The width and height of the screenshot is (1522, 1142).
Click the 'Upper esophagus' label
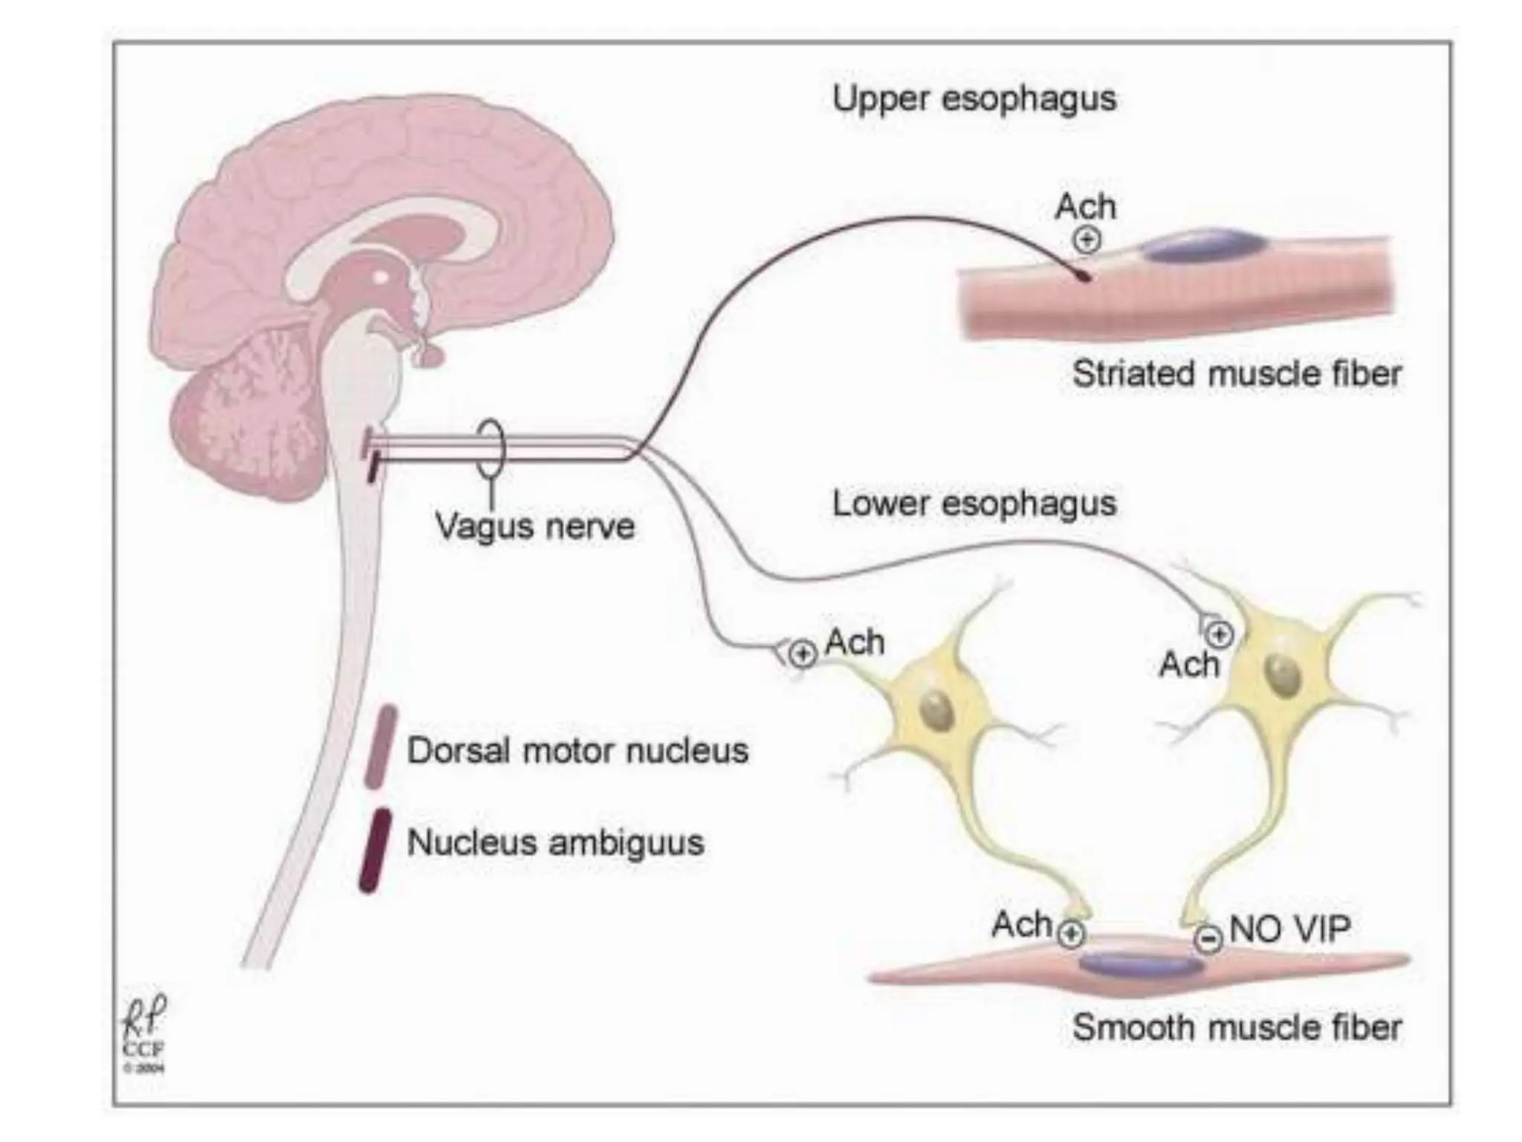(x=974, y=99)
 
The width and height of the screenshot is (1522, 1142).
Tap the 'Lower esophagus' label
(x=974, y=503)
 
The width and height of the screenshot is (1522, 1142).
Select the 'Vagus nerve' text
(x=534, y=526)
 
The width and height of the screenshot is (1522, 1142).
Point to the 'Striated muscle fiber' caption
(x=1236, y=373)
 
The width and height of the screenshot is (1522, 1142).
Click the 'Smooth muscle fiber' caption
(x=1236, y=1028)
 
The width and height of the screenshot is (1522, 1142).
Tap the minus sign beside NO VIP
(x=1208, y=938)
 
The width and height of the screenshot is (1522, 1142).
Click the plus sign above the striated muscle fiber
(x=1087, y=239)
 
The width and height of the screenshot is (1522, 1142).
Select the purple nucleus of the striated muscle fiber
(x=1203, y=245)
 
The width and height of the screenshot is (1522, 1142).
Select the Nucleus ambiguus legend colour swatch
(x=375, y=850)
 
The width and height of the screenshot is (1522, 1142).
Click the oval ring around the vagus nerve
(x=490, y=448)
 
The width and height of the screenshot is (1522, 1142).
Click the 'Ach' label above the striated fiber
(x=1085, y=207)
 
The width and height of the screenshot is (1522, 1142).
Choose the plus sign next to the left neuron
(x=801, y=654)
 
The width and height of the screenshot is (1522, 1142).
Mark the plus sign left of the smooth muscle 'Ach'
(x=1070, y=935)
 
